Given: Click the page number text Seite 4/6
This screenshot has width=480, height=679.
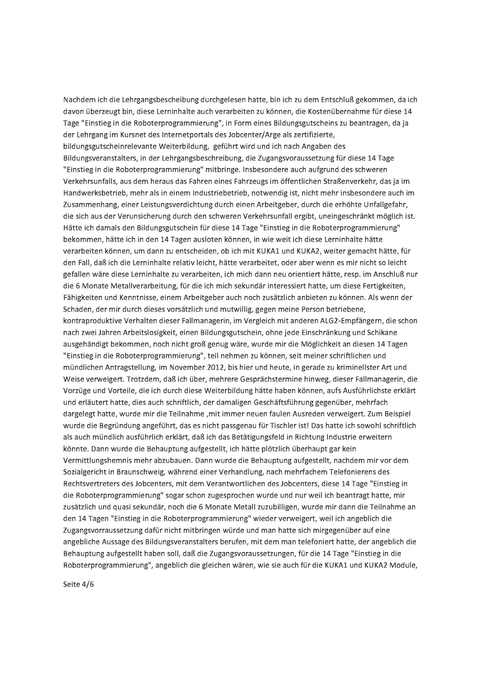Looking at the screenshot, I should tap(78, 584).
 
